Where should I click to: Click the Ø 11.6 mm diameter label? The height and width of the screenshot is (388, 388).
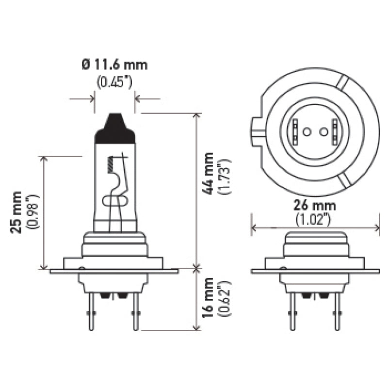tap(114, 65)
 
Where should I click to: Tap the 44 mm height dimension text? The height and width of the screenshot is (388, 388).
tap(208, 173)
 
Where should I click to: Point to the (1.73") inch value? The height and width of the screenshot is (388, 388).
tap(224, 176)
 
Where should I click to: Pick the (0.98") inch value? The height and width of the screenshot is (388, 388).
tap(32, 212)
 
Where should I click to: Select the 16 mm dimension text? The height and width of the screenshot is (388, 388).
tap(208, 297)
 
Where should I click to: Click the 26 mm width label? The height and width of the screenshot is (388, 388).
tap(314, 206)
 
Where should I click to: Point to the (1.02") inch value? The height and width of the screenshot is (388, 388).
tap(314, 220)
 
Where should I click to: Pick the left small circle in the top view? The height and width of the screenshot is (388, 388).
tap(307, 131)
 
